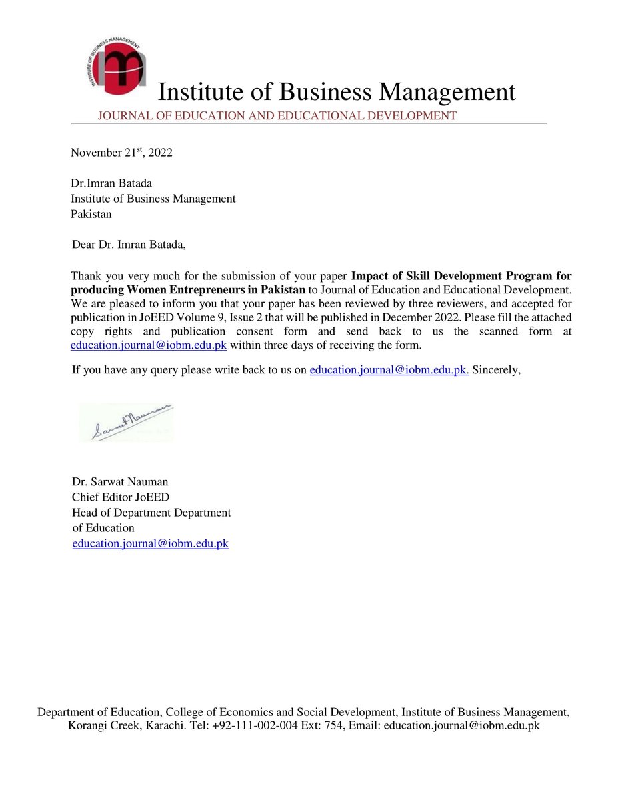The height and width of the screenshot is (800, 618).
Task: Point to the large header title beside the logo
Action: pyautogui.click(x=336, y=92)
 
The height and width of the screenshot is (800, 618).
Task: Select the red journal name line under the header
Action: pyautogui.click(x=277, y=116)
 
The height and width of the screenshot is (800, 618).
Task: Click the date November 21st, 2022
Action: pyautogui.click(x=121, y=153)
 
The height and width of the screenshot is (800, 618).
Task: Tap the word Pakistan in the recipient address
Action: pyautogui.click(x=91, y=214)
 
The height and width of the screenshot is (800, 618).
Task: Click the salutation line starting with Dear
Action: pyautogui.click(x=129, y=245)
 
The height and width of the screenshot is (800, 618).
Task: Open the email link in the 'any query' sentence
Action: pyautogui.click(x=389, y=371)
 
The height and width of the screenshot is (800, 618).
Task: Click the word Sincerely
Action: pyautogui.click(x=496, y=371)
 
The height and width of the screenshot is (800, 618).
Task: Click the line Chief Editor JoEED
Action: pyautogui.click(x=121, y=497)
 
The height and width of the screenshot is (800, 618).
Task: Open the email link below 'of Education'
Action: pyautogui.click(x=150, y=543)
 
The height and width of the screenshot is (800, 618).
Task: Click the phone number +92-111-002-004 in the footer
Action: pyautogui.click(x=255, y=726)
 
